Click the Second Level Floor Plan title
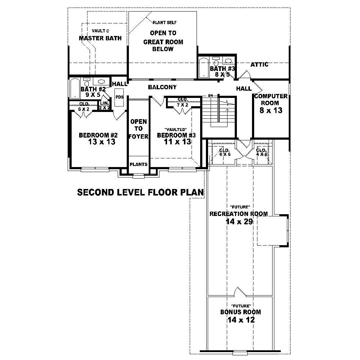click(x=141, y=193)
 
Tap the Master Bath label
click(x=100, y=38)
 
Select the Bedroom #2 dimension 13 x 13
click(x=102, y=142)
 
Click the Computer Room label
click(x=271, y=100)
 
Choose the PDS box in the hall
click(x=119, y=97)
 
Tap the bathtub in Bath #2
click(x=75, y=89)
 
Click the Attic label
click(x=259, y=64)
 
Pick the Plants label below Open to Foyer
click(x=139, y=164)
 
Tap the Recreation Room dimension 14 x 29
click(x=239, y=222)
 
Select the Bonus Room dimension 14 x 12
click(x=241, y=320)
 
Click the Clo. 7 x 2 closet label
click(x=183, y=102)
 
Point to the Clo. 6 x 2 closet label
click(x=84, y=106)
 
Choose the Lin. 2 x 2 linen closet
click(x=104, y=105)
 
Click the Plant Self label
click(x=165, y=23)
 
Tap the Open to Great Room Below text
click(x=163, y=41)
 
